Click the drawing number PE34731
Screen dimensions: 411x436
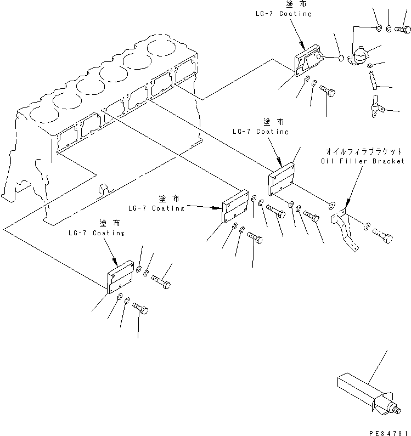[x=390, y=433]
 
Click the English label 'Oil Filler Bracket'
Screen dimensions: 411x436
[x=363, y=161]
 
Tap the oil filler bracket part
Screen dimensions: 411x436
[x=345, y=229]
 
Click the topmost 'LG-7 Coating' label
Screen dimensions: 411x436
[x=284, y=13]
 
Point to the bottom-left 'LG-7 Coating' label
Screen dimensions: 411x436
[x=97, y=233]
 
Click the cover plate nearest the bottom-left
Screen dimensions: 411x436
[x=120, y=276]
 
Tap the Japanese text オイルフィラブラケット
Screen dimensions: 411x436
[x=364, y=151]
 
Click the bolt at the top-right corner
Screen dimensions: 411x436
[x=403, y=29]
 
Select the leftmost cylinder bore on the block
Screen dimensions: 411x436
[x=44, y=114]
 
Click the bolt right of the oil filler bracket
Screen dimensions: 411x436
[x=383, y=235]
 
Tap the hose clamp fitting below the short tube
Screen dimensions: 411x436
[x=376, y=106]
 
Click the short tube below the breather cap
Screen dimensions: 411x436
[x=373, y=81]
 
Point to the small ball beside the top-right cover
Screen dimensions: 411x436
[x=341, y=58]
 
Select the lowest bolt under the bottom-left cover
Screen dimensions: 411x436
[x=140, y=309]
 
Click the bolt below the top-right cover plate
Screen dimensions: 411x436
[x=328, y=91]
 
